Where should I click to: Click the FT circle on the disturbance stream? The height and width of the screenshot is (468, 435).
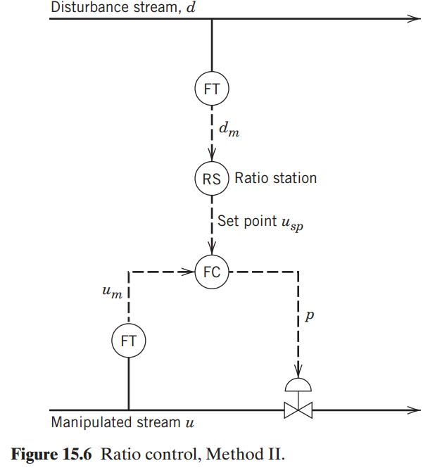212,89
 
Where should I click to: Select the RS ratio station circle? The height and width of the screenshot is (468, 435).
212,179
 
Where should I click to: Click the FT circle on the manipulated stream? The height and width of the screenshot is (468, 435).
129,341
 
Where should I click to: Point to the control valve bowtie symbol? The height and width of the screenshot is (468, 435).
298,409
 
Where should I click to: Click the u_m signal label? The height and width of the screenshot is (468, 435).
112,291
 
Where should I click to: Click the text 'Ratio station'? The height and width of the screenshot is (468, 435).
275,178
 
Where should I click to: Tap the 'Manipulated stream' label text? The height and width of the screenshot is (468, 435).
116,422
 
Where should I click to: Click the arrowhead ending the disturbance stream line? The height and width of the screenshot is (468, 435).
415,18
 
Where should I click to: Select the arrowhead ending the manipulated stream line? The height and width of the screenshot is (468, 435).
415,409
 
